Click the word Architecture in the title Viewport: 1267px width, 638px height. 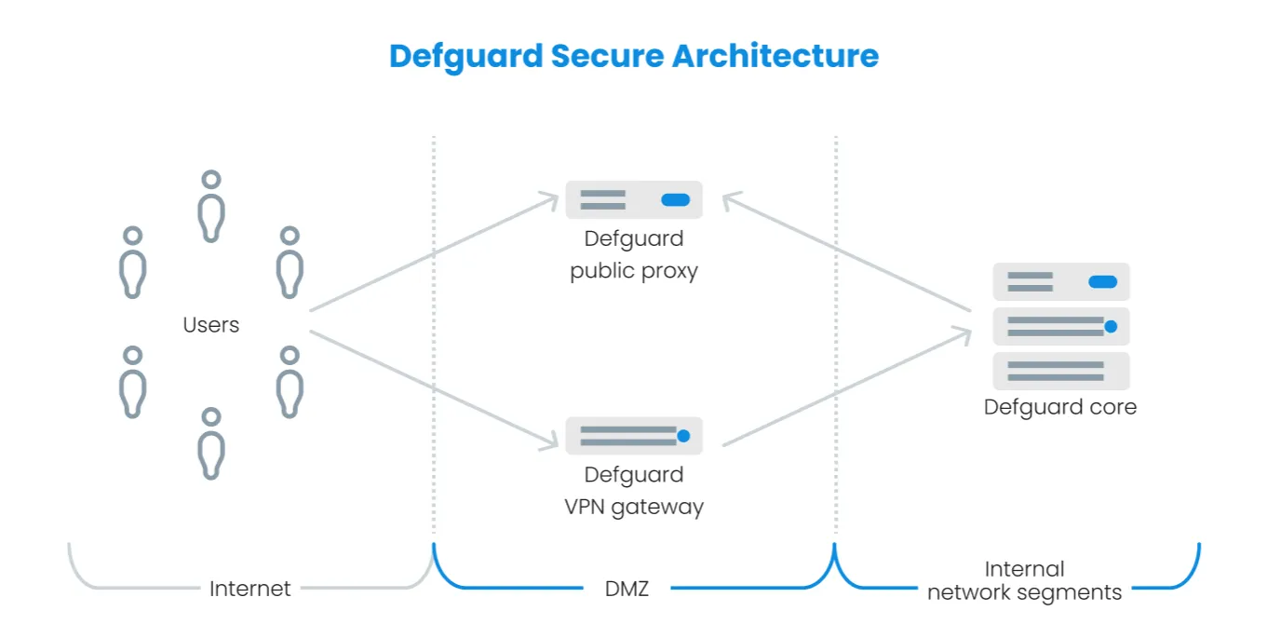pyautogui.click(x=775, y=56)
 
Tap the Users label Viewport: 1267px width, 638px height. pyautogui.click(x=210, y=325)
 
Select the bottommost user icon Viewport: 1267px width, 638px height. pyautogui.click(x=211, y=442)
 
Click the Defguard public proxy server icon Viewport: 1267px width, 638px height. pyautogui.click(x=633, y=200)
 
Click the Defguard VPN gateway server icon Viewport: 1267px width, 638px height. pyautogui.click(x=633, y=435)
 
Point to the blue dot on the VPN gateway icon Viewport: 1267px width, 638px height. pyautogui.click(x=683, y=435)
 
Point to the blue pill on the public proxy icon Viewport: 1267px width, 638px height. pyautogui.click(x=675, y=200)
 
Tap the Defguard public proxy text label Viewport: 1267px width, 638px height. pyautogui.click(x=633, y=255)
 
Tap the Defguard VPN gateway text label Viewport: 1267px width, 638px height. pyautogui.click(x=633, y=491)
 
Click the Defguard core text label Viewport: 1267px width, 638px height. pyautogui.click(x=1060, y=407)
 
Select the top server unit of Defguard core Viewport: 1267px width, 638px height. pyautogui.click(x=1060, y=281)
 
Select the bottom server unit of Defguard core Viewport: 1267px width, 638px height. pyautogui.click(x=1060, y=371)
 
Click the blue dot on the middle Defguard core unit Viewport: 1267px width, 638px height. pyautogui.click(x=1110, y=326)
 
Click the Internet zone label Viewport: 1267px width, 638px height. pyautogui.click(x=249, y=589)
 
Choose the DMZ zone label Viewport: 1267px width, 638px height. pyautogui.click(x=627, y=589)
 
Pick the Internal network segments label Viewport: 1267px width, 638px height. pyautogui.click(x=1024, y=580)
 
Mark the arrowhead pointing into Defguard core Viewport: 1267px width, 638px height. pyautogui.click(x=965, y=333)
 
